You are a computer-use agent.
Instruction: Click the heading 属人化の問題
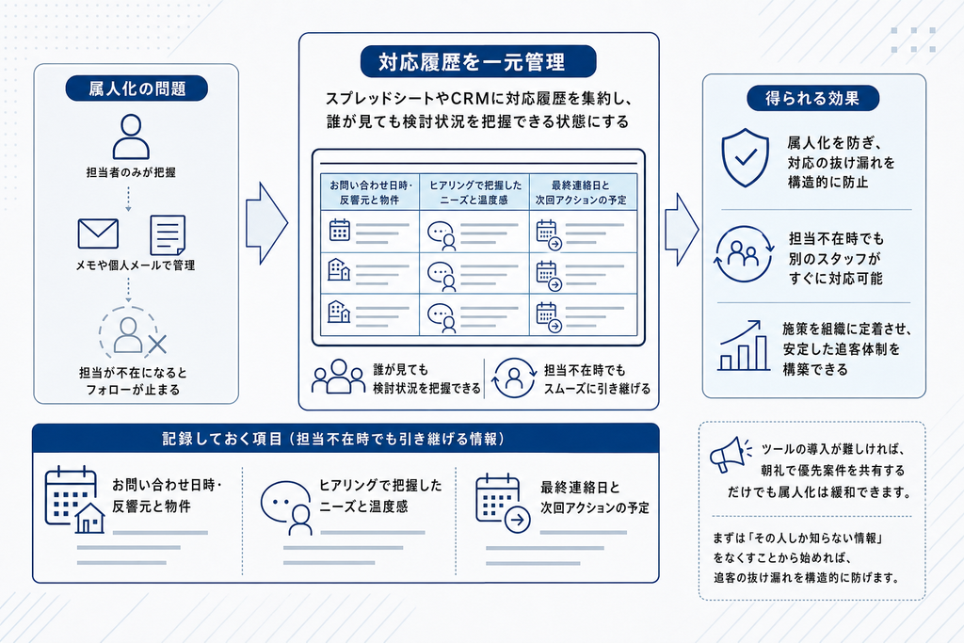point(137,88)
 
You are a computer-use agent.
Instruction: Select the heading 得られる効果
point(812,98)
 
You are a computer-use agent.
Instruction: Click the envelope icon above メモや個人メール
point(98,233)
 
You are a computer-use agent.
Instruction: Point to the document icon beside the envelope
point(168,234)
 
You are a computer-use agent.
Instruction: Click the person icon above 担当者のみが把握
point(131,137)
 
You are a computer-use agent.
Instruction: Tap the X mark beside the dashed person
point(158,345)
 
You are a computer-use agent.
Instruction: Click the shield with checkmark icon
point(746,157)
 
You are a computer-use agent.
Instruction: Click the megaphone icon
point(731,455)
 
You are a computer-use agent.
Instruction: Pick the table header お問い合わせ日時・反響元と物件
point(369,192)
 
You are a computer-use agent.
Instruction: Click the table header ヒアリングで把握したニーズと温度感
point(474,192)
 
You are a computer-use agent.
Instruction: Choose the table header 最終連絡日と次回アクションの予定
point(582,192)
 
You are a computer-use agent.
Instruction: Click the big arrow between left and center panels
point(266,223)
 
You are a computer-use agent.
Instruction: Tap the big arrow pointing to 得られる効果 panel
point(682,230)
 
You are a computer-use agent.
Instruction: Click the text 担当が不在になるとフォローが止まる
point(132,381)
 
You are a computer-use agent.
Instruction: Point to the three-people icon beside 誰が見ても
point(338,377)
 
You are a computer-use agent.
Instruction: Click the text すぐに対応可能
point(836,279)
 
